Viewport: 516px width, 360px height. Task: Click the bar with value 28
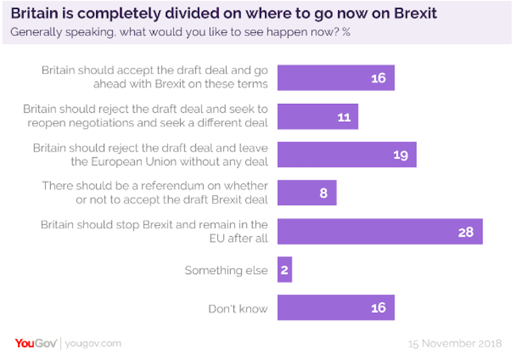[x=380, y=232]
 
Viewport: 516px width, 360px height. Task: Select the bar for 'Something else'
[x=284, y=270]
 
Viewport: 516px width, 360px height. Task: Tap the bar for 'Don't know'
[x=335, y=308]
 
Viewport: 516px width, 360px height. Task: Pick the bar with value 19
[x=346, y=155]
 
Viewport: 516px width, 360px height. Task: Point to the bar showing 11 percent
[x=317, y=117]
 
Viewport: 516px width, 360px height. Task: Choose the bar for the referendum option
[x=306, y=193]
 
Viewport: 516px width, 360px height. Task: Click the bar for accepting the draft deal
[x=335, y=78]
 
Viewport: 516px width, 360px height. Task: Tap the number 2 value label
[x=284, y=270]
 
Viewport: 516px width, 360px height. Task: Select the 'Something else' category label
[x=226, y=270]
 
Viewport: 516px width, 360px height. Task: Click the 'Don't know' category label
[x=237, y=308]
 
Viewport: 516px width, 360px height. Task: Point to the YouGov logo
[x=36, y=343]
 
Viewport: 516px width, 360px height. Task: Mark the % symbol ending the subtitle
[x=346, y=32]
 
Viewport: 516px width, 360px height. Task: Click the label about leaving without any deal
[x=150, y=155]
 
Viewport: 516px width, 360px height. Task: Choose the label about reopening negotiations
[x=145, y=117]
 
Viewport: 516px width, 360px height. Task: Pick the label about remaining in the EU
[x=154, y=232]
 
